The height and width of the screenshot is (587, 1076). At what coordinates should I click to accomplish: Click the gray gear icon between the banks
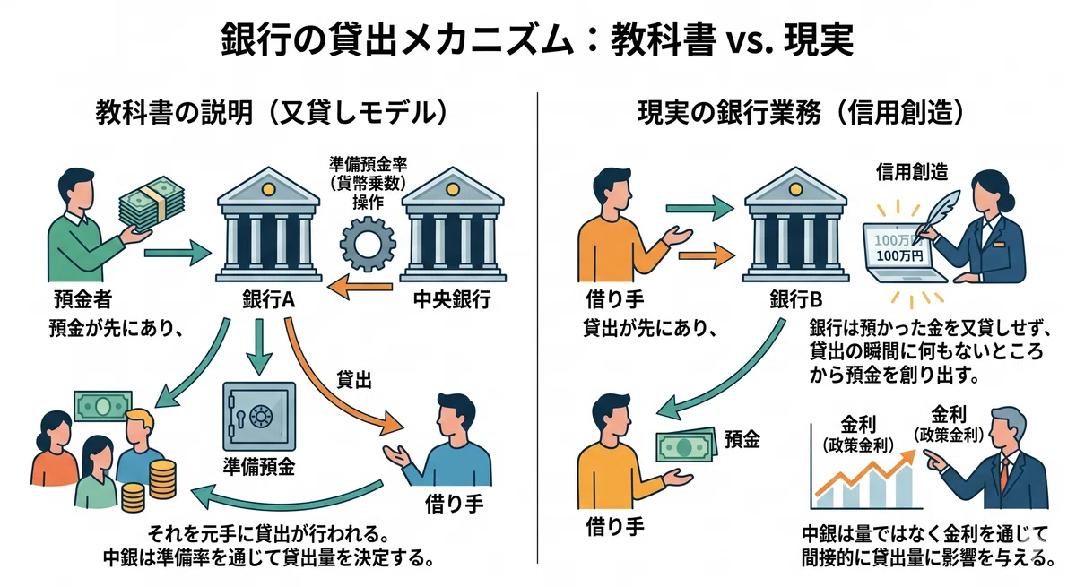click(x=368, y=244)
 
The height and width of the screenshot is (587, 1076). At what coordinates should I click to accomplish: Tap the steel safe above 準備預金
click(x=259, y=416)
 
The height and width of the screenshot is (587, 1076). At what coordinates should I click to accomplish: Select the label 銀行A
click(x=268, y=300)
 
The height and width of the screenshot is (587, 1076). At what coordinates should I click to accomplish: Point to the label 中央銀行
click(x=452, y=299)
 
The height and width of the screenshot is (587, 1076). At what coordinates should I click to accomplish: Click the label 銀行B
click(x=796, y=299)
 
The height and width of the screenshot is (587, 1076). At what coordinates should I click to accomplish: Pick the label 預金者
click(x=83, y=299)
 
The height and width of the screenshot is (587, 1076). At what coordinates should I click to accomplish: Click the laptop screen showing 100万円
click(x=898, y=248)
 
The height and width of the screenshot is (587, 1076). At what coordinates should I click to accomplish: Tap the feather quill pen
click(x=937, y=216)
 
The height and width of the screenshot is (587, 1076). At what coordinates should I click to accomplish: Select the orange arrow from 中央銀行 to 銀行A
click(x=360, y=288)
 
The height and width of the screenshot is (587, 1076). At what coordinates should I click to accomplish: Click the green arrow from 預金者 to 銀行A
click(x=178, y=253)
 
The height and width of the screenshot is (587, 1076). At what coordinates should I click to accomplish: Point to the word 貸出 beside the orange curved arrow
click(x=354, y=380)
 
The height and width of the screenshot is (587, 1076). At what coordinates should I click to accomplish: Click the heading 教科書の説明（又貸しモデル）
click(x=272, y=113)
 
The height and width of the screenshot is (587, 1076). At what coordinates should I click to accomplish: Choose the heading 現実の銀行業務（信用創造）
click(x=800, y=113)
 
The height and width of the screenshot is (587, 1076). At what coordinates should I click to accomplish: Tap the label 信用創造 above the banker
click(x=912, y=171)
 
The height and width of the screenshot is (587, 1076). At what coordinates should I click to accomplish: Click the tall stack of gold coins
click(x=162, y=479)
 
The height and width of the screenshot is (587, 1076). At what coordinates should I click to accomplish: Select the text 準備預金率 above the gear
click(x=368, y=164)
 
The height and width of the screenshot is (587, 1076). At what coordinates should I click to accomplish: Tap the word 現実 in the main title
click(x=819, y=39)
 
